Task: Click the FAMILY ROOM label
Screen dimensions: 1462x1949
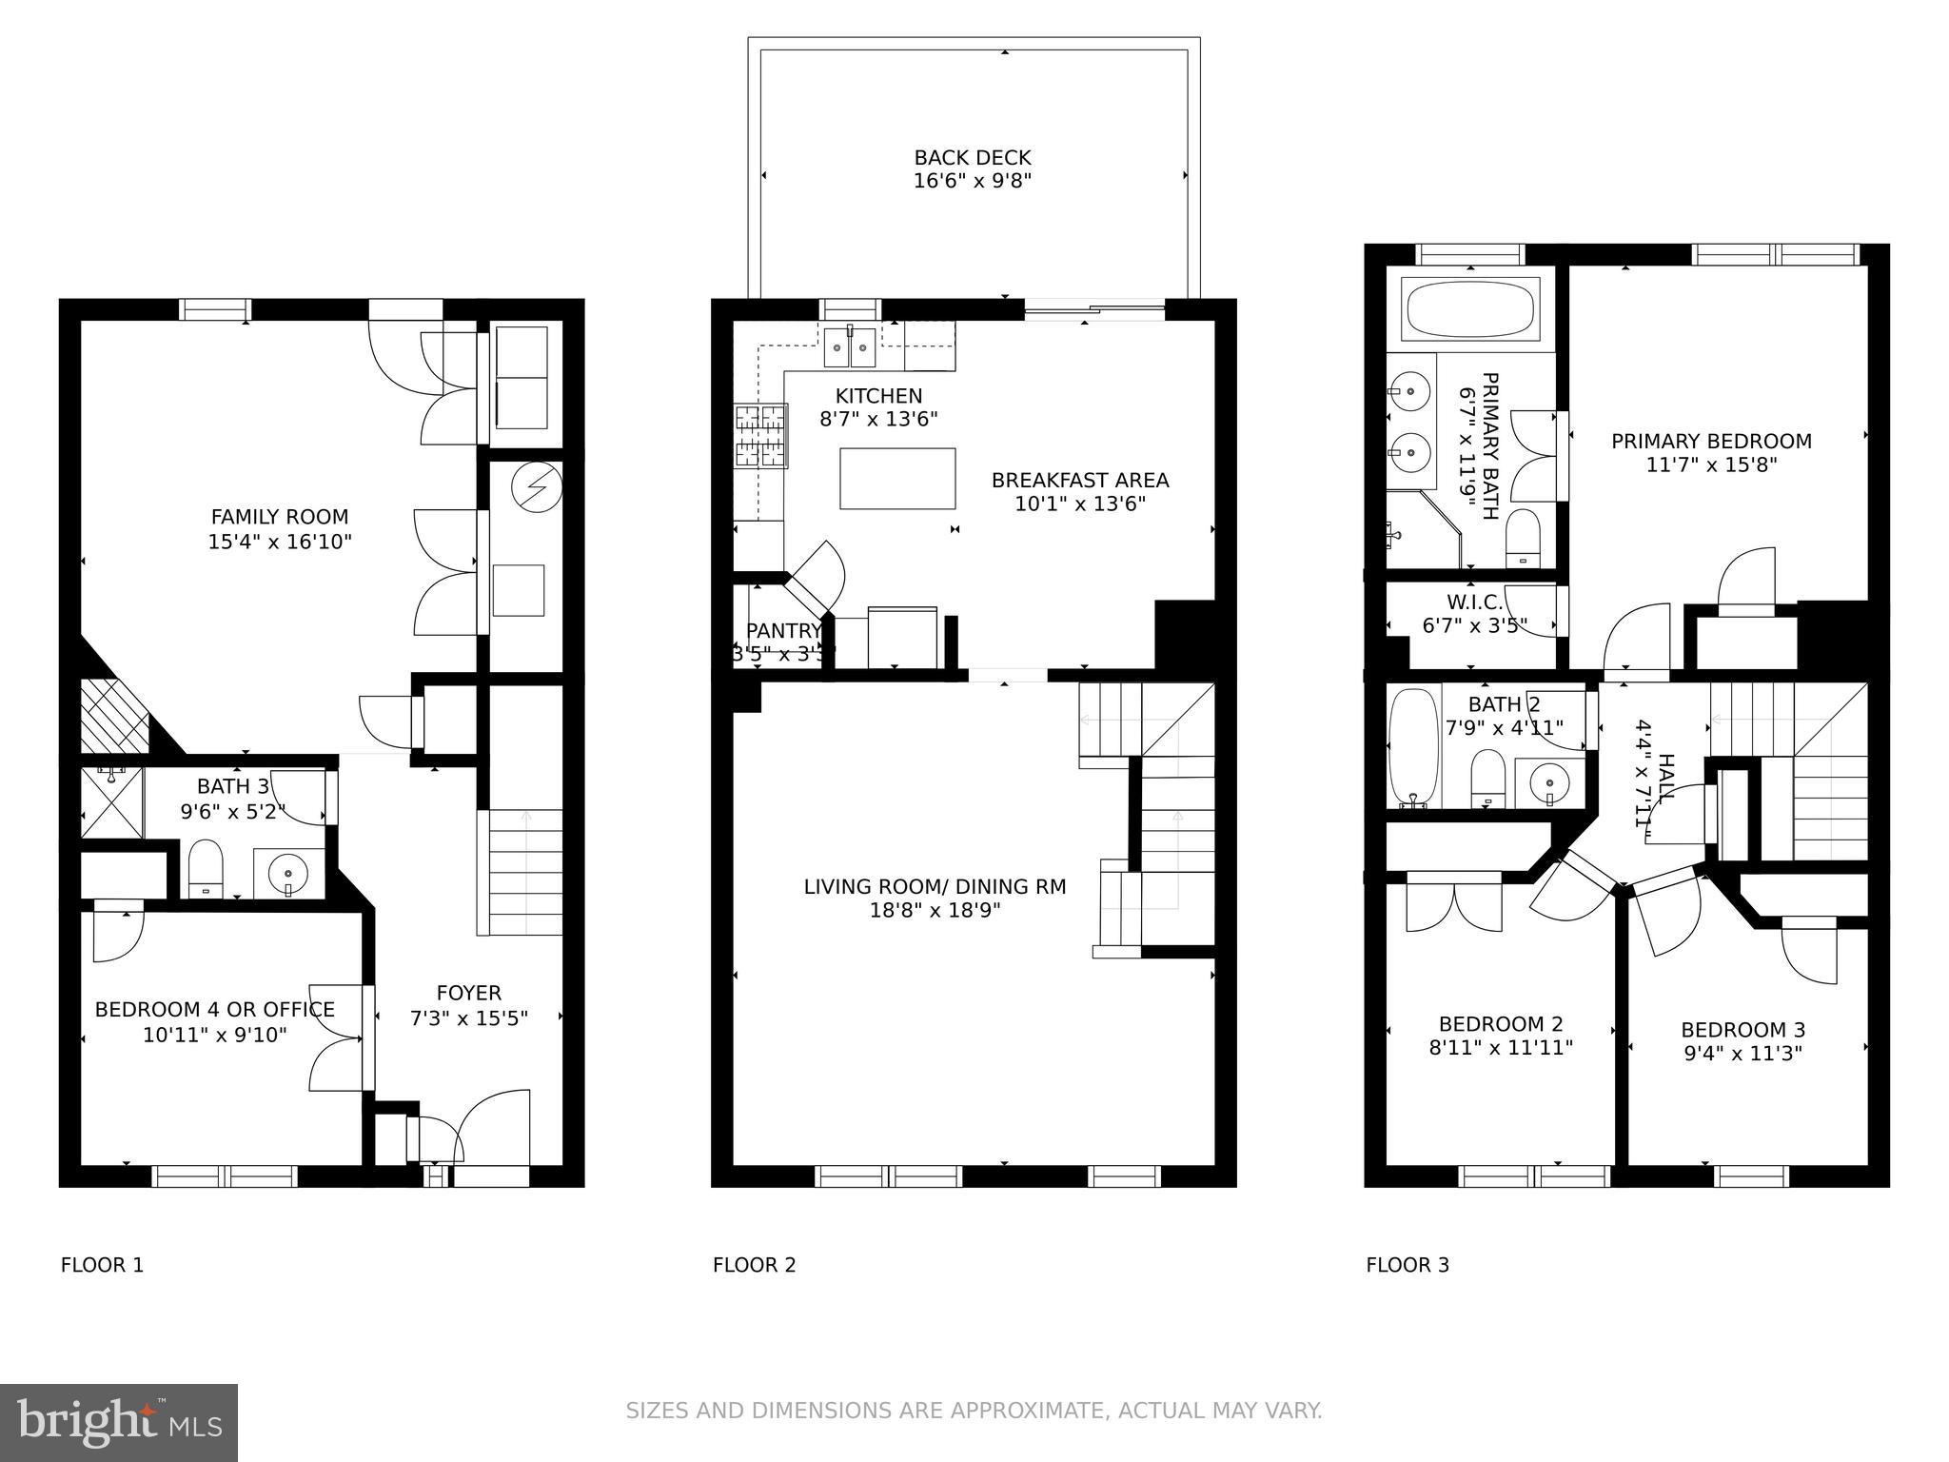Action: (279, 517)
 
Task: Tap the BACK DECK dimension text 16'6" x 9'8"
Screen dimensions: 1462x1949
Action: (972, 181)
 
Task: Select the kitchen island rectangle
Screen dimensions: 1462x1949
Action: (897, 479)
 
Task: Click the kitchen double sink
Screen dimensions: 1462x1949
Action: (850, 348)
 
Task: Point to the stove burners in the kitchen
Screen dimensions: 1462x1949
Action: (760, 436)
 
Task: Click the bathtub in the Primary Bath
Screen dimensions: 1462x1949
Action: (1469, 308)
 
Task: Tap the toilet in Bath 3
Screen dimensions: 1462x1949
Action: (205, 868)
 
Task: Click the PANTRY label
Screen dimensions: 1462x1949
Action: (782, 631)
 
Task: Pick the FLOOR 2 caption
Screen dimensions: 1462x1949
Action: (754, 1265)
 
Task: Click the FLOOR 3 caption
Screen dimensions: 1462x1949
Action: (1407, 1265)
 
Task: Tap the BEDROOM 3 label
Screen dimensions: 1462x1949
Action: (1742, 1030)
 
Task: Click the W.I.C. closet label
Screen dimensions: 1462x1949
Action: (1474, 603)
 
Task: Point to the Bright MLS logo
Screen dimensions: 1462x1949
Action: (118, 1422)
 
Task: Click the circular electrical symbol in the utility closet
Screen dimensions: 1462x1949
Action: (536, 487)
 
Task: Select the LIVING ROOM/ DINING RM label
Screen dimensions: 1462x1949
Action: (935, 887)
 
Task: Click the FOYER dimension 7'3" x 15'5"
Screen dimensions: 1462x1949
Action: (468, 1018)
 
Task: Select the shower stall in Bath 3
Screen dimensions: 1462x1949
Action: (111, 802)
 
